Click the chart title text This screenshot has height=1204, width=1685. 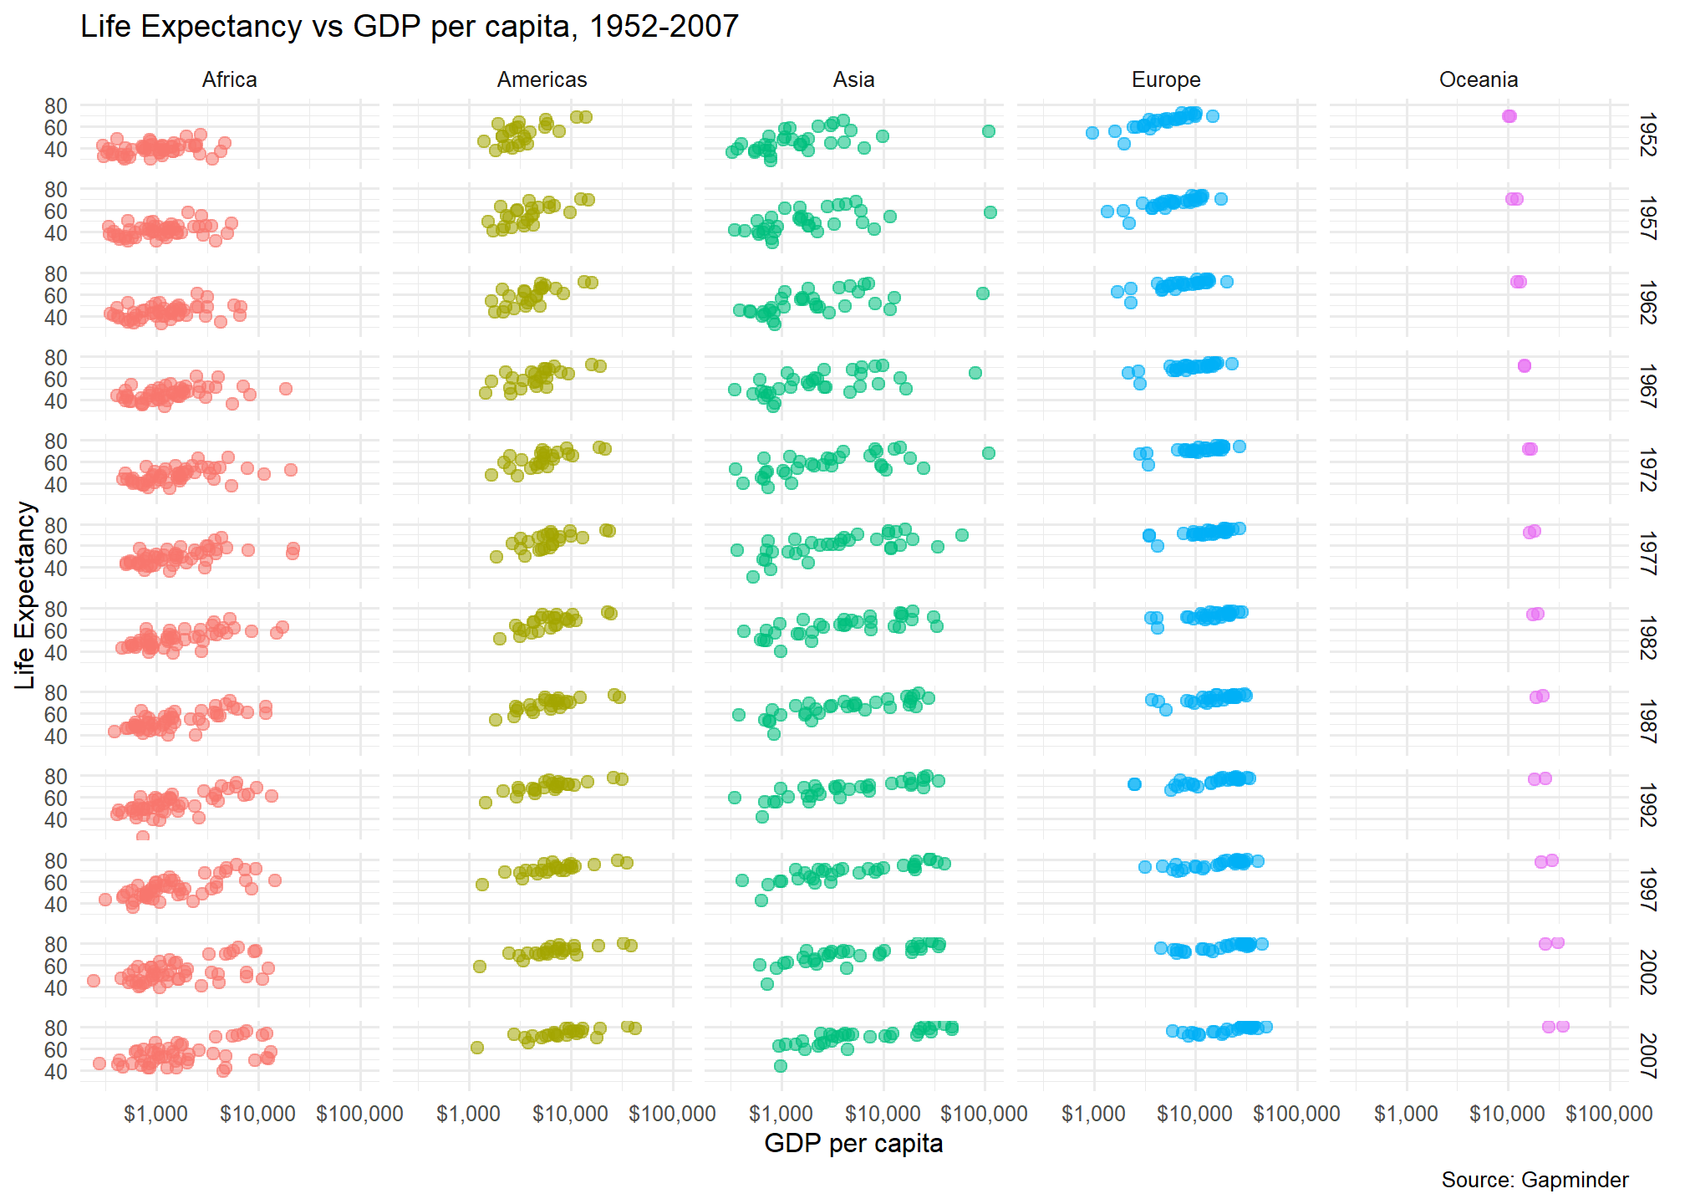[x=410, y=27]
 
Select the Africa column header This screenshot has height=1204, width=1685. [x=229, y=79]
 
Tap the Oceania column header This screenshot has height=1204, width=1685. [x=1478, y=79]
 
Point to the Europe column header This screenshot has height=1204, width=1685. [x=1166, y=79]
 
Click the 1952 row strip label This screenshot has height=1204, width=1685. [x=1647, y=135]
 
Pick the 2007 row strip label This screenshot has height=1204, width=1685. [x=1647, y=1055]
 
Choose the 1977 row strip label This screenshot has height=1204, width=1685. [x=1647, y=553]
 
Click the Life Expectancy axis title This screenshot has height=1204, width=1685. [x=26, y=595]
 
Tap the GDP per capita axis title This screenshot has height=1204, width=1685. [x=853, y=1144]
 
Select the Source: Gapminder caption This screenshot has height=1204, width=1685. [x=1535, y=1180]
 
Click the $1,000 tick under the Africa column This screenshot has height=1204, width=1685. [x=155, y=1114]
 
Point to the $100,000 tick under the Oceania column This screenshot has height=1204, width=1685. [x=1609, y=1114]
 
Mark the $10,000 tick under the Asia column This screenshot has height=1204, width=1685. [x=883, y=1114]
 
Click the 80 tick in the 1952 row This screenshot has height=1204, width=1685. [x=56, y=106]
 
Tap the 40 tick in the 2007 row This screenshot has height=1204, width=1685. [x=56, y=1071]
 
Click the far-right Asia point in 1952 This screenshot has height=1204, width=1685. [x=989, y=130]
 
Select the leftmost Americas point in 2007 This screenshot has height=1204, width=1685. [x=477, y=1048]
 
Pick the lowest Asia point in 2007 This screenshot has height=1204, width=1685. [x=781, y=1066]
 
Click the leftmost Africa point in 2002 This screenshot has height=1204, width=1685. [x=94, y=981]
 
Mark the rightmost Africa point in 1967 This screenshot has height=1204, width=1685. [x=286, y=389]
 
